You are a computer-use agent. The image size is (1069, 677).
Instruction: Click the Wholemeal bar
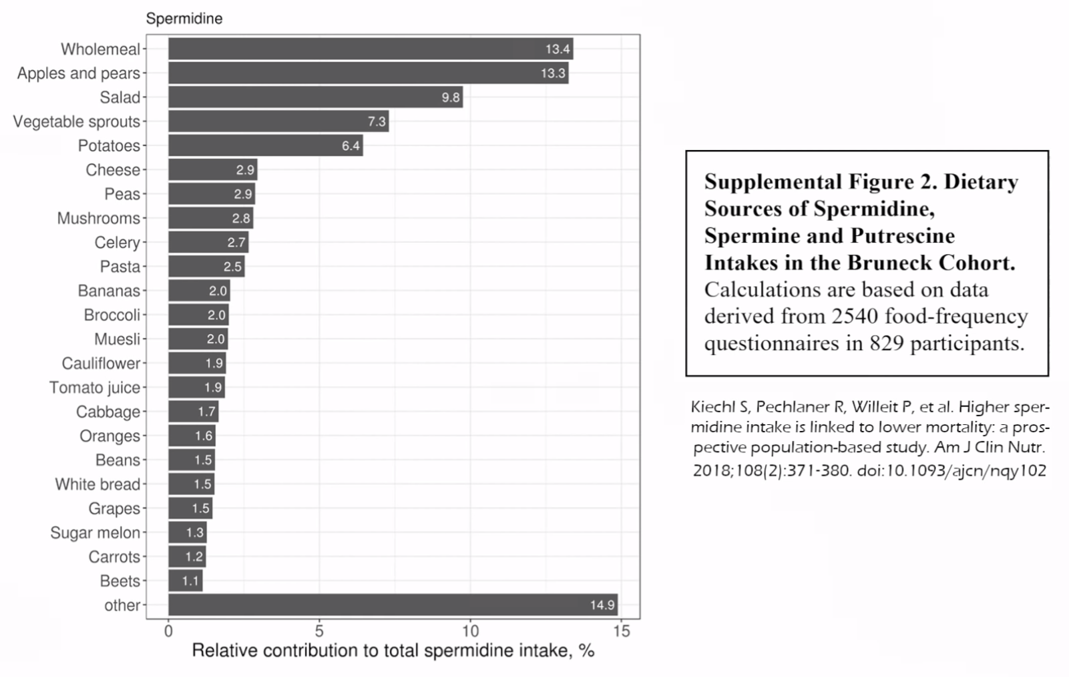point(371,49)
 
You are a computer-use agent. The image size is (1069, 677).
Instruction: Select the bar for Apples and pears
point(369,73)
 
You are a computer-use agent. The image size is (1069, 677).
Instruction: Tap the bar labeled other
point(393,605)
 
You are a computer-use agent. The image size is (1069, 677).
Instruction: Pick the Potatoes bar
point(265,145)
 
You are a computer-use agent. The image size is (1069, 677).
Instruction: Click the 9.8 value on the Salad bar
point(451,98)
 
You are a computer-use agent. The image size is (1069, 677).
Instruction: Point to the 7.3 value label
point(377,121)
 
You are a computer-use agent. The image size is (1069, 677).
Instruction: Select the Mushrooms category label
point(99,218)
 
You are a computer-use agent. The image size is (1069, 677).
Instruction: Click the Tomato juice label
point(95,388)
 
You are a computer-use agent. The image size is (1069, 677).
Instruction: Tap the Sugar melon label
point(95,532)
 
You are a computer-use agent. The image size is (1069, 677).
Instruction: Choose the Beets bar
point(185,581)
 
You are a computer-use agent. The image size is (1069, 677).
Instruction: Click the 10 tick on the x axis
point(470,632)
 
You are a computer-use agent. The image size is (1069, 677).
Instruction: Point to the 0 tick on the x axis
point(168,632)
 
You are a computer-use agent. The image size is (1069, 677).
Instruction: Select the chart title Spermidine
point(184,19)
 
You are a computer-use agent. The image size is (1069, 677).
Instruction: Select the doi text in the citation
point(951,471)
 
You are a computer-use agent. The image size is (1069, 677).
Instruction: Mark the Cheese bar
point(213,169)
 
